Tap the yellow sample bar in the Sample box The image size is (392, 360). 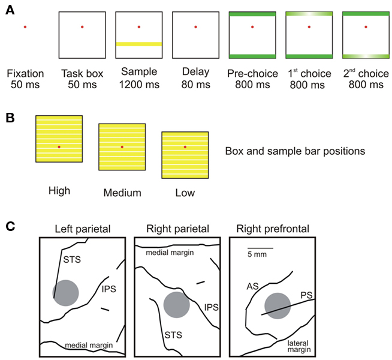click(138, 44)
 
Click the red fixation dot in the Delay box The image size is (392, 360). click(196, 27)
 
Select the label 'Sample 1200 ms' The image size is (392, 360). click(138, 79)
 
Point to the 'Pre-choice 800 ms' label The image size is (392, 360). click(252, 79)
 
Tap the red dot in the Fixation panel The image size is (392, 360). click(25, 27)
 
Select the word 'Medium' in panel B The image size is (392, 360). click(122, 193)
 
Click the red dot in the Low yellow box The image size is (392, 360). click(185, 147)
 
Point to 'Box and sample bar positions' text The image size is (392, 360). click(295, 151)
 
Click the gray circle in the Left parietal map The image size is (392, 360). click(65, 293)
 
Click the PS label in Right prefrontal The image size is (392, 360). click(306, 295)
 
